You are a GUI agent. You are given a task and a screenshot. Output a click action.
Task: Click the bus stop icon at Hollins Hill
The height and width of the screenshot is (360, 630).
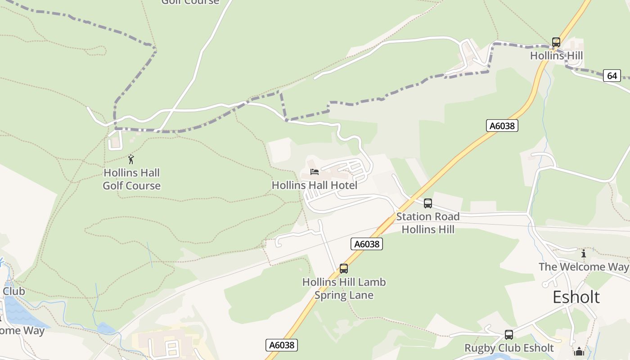(x=556, y=42)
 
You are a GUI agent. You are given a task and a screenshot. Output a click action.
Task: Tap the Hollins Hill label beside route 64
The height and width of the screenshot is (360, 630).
(x=556, y=56)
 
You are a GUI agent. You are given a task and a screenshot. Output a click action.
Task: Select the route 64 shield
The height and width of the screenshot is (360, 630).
(x=612, y=76)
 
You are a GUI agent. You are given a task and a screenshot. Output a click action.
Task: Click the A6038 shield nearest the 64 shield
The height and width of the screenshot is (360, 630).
(x=502, y=126)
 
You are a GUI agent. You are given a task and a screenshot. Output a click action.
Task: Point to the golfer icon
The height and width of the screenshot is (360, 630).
(x=131, y=159)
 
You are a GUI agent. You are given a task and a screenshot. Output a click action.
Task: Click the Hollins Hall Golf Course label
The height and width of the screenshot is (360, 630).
(x=131, y=179)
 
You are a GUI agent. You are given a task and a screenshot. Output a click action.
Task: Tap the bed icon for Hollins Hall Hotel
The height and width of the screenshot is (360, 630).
(x=315, y=172)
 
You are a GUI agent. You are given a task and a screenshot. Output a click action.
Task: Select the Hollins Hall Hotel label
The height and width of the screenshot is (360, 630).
(x=315, y=185)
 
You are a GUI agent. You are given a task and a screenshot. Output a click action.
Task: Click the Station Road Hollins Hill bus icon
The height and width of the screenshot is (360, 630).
(x=428, y=203)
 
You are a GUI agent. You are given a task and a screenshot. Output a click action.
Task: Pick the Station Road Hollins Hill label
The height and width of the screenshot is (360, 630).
(x=427, y=223)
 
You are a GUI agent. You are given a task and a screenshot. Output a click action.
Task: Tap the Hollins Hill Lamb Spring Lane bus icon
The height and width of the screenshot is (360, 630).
(x=344, y=269)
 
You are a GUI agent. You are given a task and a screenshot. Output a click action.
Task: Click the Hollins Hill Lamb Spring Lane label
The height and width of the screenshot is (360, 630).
(x=344, y=288)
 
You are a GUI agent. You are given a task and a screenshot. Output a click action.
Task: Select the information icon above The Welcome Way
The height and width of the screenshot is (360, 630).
(x=584, y=253)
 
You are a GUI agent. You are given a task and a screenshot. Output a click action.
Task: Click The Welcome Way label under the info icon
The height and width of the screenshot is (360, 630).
(x=584, y=267)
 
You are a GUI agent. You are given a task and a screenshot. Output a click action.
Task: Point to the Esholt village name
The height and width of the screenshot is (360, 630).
(x=576, y=297)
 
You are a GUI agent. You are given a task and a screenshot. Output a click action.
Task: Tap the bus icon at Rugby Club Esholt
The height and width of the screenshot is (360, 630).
(x=509, y=335)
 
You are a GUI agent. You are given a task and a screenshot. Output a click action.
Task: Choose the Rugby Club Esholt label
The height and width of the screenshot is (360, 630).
(x=509, y=348)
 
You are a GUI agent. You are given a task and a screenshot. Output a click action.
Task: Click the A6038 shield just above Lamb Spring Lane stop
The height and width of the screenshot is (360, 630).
(x=366, y=244)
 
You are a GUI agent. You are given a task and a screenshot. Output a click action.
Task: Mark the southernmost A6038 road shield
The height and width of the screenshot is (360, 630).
(x=282, y=345)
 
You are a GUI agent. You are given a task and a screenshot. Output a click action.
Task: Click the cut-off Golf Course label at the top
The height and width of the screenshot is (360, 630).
(x=190, y=2)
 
